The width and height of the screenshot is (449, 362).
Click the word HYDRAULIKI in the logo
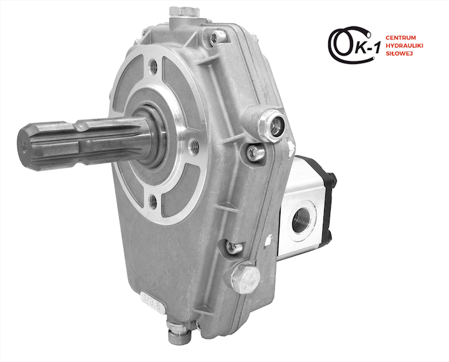pyautogui.click(x=404, y=45)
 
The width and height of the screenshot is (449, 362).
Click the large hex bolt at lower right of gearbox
pyautogui.click(x=246, y=278)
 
